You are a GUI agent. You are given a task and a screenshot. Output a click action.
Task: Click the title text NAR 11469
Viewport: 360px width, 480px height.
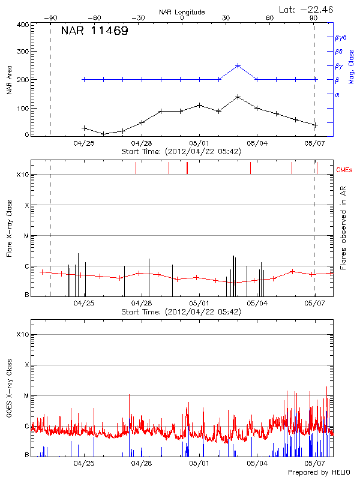[94, 31]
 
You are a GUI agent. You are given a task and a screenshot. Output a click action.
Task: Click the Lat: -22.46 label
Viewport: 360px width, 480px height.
[307, 8]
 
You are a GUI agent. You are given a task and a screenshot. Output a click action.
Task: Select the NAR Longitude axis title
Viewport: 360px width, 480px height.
[182, 12]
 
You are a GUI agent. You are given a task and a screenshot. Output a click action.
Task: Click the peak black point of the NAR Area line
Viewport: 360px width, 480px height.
[238, 97]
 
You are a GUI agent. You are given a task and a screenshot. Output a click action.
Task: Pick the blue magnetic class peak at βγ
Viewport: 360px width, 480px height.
[238, 66]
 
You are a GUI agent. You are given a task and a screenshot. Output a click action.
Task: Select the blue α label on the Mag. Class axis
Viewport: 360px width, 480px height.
[337, 94]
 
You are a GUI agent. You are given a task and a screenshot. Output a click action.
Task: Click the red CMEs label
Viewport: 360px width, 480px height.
[345, 171]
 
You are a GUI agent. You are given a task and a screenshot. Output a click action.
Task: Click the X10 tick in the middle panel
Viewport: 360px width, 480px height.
[23, 175]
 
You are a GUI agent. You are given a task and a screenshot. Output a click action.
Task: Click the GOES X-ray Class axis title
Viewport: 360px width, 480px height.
[10, 392]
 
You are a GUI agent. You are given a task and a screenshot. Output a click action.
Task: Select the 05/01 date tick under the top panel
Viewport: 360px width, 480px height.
[200, 143]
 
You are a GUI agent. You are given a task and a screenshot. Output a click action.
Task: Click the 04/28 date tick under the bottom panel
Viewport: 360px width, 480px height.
[142, 463]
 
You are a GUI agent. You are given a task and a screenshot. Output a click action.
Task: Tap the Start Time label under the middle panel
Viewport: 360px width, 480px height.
[181, 312]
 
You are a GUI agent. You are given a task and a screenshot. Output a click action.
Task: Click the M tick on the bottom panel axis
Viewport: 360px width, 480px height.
[26, 395]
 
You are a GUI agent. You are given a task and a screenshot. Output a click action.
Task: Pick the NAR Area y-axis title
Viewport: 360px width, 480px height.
[10, 80]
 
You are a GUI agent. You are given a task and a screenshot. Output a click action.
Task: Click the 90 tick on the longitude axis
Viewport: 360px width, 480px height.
[314, 19]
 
